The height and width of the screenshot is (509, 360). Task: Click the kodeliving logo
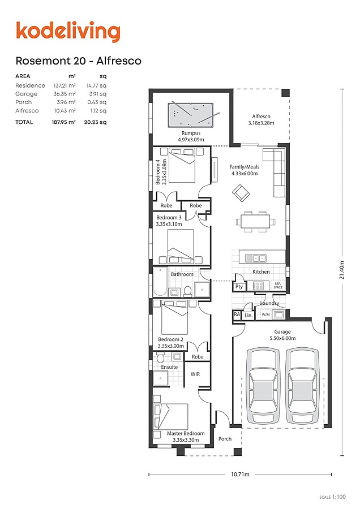68,32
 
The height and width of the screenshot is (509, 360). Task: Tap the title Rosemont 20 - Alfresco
79,61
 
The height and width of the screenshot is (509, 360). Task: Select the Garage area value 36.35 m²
65,94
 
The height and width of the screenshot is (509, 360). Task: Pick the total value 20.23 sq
95,122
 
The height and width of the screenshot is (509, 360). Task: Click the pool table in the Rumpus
190,115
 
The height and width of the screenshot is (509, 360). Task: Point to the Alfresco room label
262,116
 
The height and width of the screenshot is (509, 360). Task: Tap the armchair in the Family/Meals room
241,192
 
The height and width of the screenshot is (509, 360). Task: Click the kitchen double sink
256,258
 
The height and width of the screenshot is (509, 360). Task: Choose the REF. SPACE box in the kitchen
278,286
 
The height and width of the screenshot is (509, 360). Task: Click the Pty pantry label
239,287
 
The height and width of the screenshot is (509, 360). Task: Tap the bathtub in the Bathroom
160,282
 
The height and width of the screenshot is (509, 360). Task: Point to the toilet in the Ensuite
160,357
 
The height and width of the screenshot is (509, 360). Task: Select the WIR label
195,374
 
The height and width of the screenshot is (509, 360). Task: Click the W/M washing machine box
266,314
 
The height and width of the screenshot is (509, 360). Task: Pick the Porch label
225,438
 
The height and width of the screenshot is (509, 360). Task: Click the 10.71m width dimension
241,475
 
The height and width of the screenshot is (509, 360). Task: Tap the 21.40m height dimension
342,270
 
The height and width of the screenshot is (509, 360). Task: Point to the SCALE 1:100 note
333,497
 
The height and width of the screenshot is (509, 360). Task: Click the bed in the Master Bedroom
171,417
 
